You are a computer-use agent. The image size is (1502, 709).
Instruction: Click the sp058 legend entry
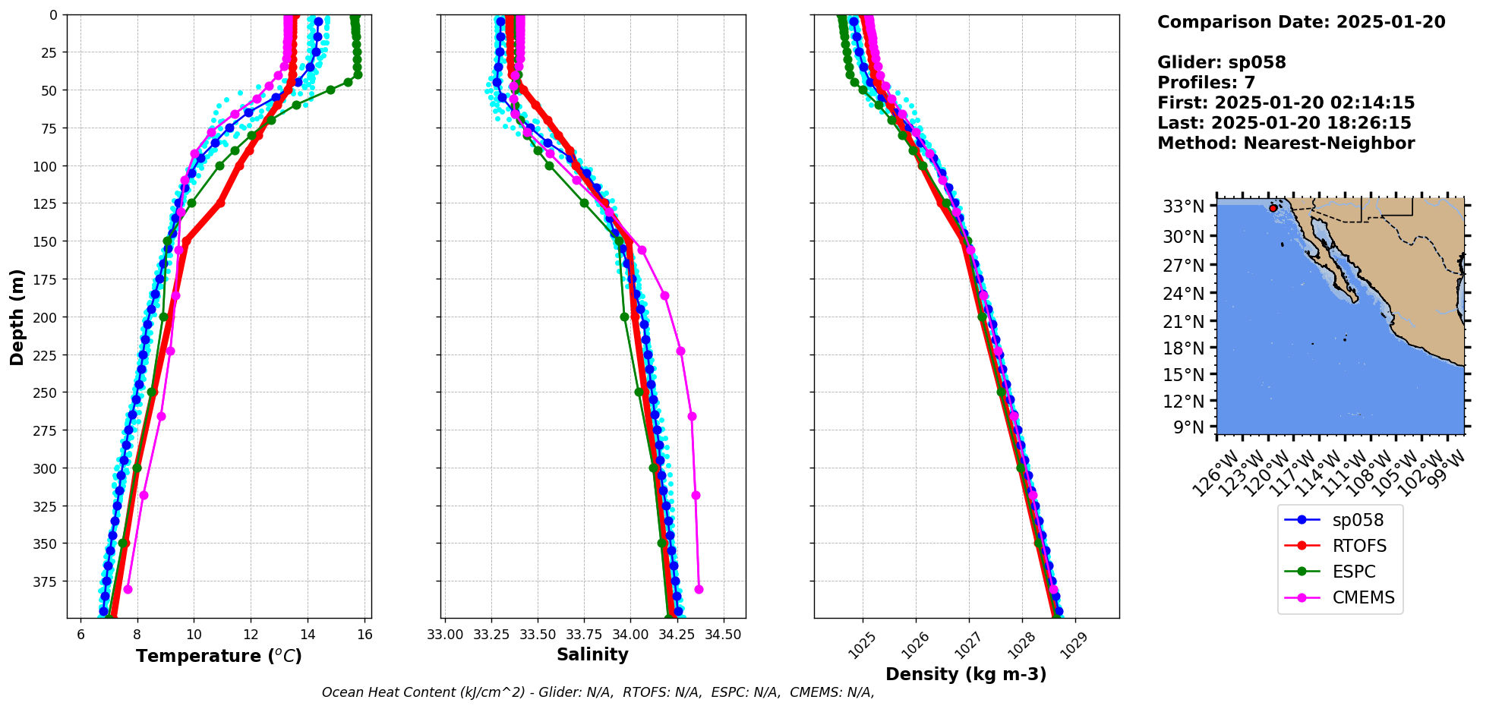(x=1357, y=520)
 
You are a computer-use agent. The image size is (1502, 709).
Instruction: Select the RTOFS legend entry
(x=1358, y=546)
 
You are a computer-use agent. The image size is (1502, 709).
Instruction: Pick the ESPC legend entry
(x=1353, y=572)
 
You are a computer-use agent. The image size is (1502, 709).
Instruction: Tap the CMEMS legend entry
(x=1363, y=597)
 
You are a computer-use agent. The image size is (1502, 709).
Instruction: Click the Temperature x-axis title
(x=219, y=656)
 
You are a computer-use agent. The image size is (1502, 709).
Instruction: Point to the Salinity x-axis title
(x=592, y=654)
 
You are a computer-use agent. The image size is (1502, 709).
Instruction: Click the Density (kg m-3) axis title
(x=966, y=674)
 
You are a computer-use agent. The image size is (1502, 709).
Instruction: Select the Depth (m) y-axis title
(x=17, y=317)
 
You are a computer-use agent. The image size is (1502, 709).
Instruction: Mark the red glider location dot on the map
(x=1273, y=208)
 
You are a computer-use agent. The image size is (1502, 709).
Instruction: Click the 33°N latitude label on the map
(x=1183, y=206)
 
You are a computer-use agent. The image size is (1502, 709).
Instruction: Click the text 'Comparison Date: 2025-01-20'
(x=1301, y=22)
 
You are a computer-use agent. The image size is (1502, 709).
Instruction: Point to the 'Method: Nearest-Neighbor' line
(x=1286, y=143)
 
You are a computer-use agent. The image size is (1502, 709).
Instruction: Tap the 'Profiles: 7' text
(x=1206, y=83)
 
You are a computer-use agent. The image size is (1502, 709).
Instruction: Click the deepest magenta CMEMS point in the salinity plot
(x=699, y=589)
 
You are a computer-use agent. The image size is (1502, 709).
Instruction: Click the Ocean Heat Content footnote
(x=598, y=692)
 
